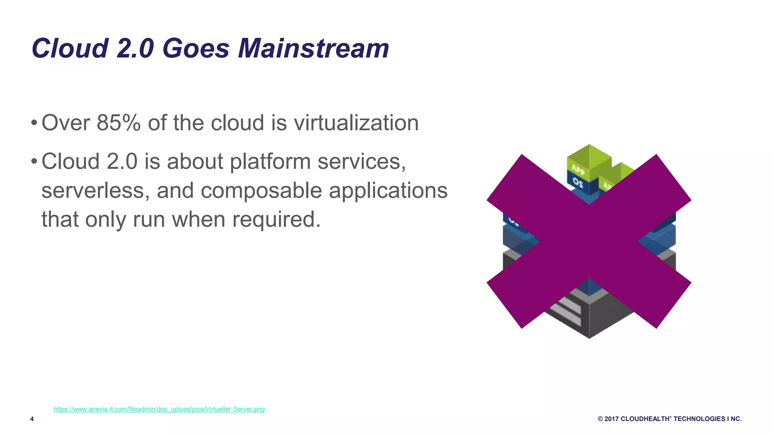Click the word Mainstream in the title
point(313,48)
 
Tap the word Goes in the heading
point(196,48)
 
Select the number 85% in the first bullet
point(118,123)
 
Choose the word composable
point(261,190)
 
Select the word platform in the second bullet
point(270,162)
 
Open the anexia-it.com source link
point(159,409)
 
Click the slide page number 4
point(32,419)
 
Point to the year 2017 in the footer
point(611,419)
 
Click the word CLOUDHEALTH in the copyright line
point(645,419)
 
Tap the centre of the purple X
point(589,241)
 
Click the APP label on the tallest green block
point(578,169)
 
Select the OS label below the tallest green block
point(578,183)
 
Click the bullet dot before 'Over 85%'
point(34,123)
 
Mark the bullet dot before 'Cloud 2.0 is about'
point(34,162)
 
